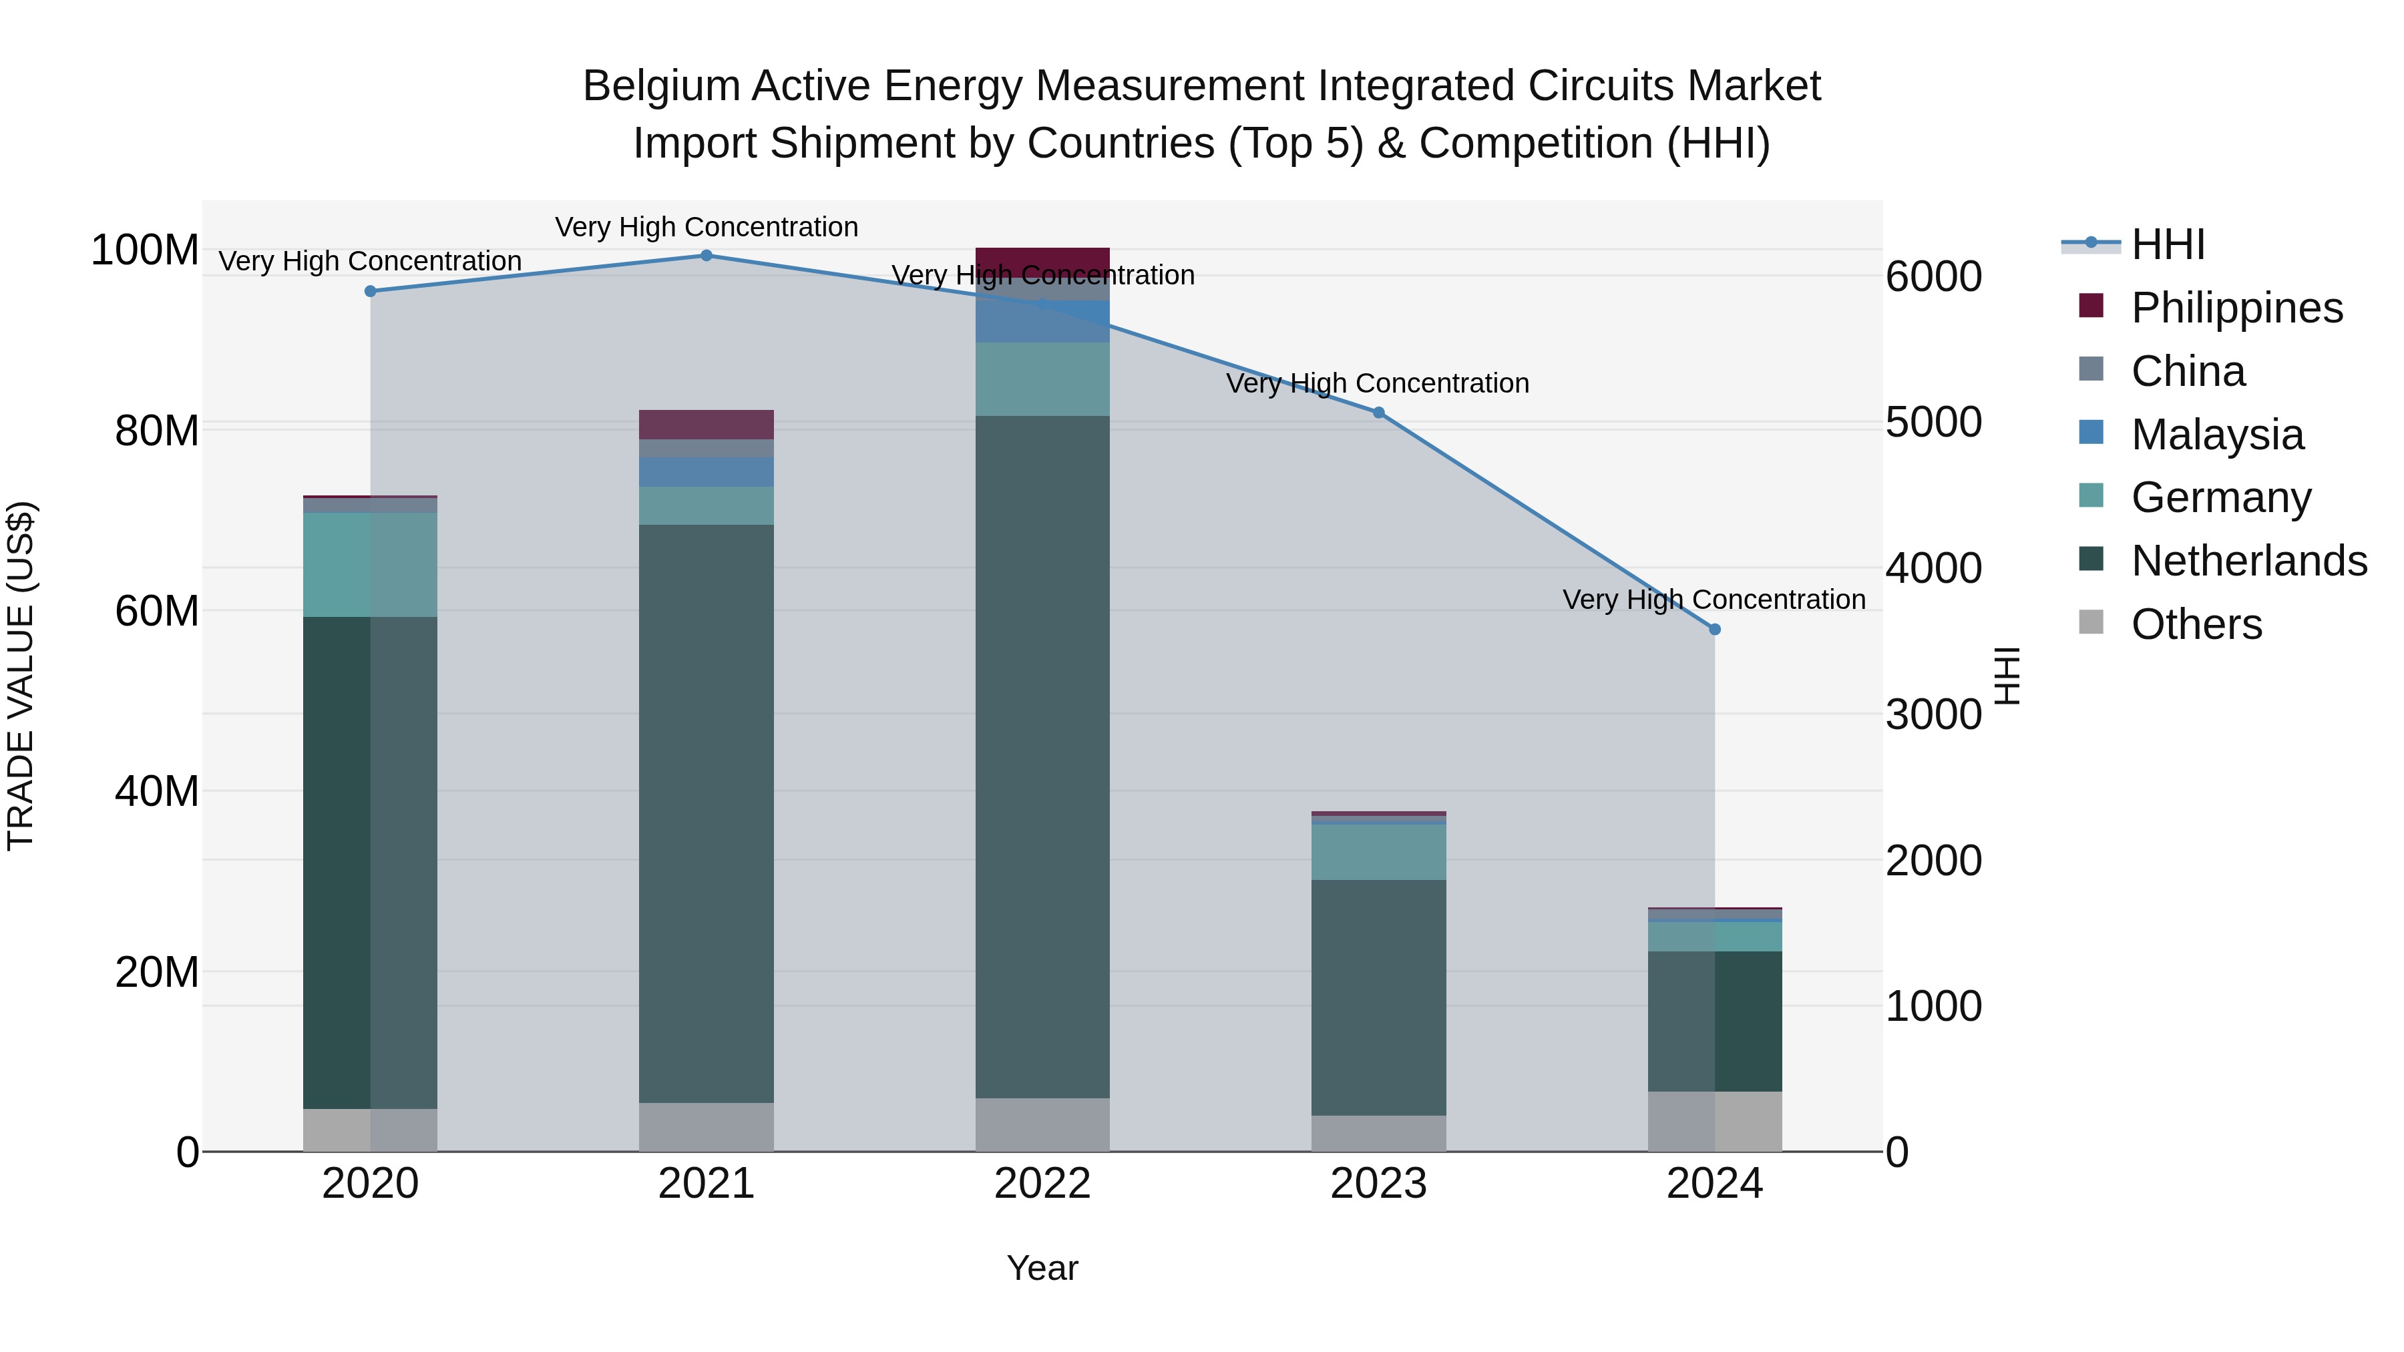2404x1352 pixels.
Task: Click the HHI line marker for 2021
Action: click(x=707, y=256)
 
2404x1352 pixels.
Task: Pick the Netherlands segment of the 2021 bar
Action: click(x=707, y=812)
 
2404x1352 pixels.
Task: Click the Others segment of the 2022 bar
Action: click(x=1042, y=1124)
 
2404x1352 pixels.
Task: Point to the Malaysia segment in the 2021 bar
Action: click(x=707, y=472)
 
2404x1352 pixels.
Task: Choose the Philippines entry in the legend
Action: click(x=2236, y=308)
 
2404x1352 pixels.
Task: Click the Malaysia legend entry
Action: click(x=2216, y=435)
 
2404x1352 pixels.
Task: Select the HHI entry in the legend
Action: click(x=2167, y=244)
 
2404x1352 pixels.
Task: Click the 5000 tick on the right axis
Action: click(x=1933, y=423)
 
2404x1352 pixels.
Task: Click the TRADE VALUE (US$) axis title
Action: click(x=21, y=676)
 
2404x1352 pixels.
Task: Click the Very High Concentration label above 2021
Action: click(x=707, y=228)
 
